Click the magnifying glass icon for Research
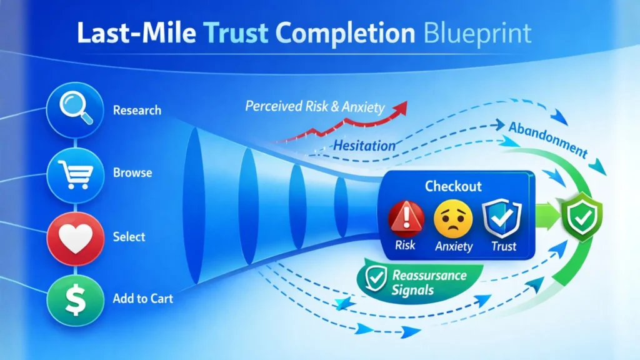(74, 110)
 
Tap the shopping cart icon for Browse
(74, 172)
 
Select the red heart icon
(74, 238)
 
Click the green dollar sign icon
(74, 298)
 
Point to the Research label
(137, 111)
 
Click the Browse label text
(132, 172)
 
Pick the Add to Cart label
(142, 299)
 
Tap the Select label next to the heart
(129, 237)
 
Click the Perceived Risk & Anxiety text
(315, 107)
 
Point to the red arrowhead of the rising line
(402, 107)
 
